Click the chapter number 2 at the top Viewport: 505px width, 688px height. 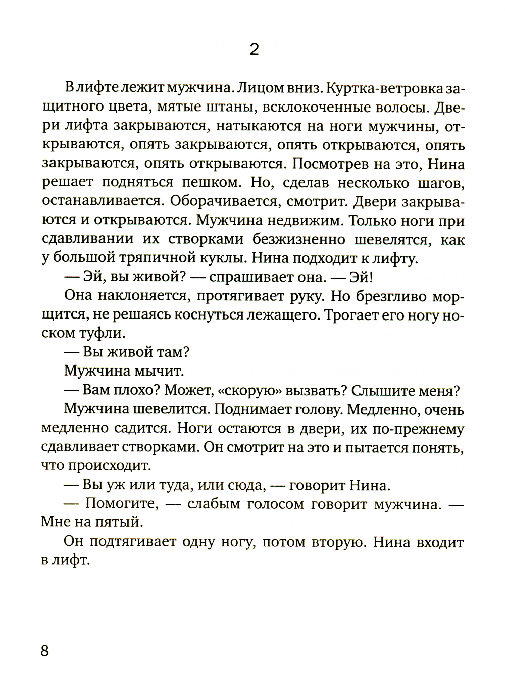coord(254,50)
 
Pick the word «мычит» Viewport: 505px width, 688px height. coord(160,372)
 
